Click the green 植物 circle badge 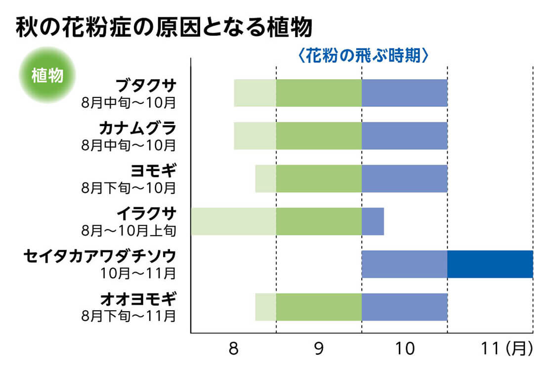(x=46, y=75)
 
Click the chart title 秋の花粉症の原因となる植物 (x=164, y=28)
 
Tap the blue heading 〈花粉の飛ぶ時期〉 (x=363, y=55)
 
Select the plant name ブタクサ (x=146, y=86)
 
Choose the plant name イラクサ (x=146, y=214)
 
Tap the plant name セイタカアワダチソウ (x=100, y=256)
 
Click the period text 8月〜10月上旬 (x=129, y=230)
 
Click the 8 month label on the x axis (x=234, y=349)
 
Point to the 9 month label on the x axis (x=319, y=349)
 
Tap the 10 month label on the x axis (x=404, y=349)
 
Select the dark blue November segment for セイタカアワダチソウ (x=490, y=264)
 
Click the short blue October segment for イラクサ (x=373, y=222)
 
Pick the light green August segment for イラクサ (x=233, y=222)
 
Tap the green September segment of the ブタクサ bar (x=319, y=93)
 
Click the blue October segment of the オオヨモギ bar (x=404, y=307)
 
